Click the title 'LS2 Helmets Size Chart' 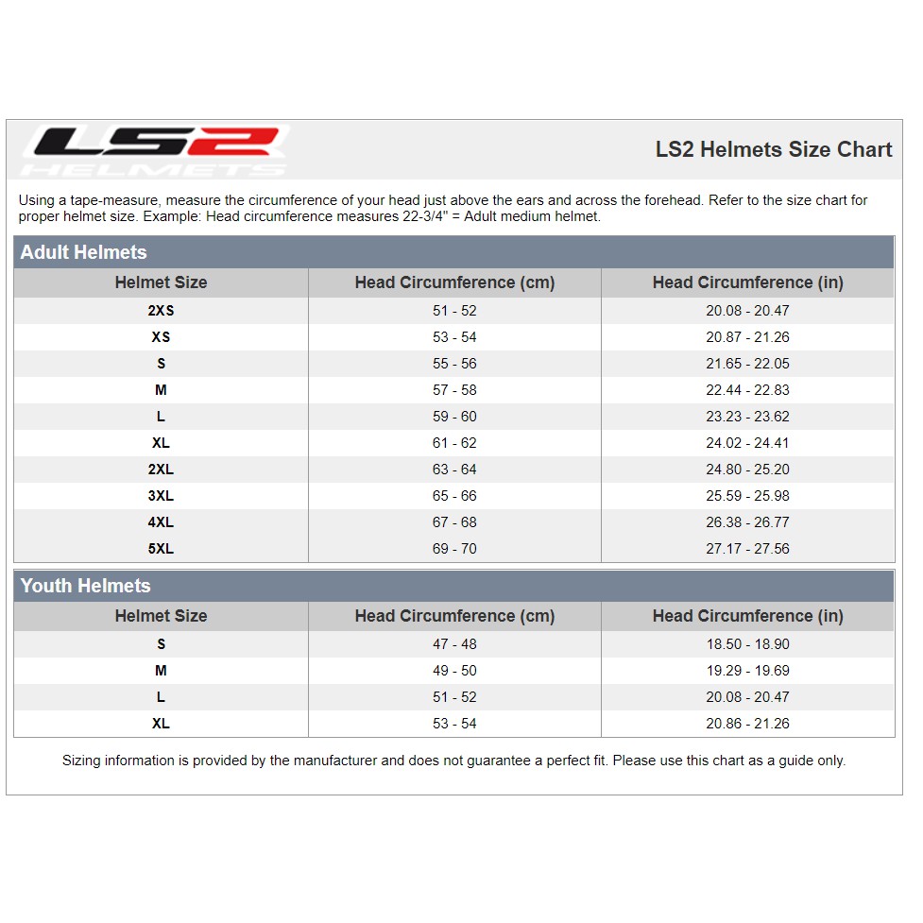(774, 149)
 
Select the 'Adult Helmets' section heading (83, 252)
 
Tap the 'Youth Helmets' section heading (85, 586)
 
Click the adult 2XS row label (161, 311)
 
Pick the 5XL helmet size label (161, 549)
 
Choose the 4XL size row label (161, 522)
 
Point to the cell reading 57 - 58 (454, 390)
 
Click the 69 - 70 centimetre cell (454, 549)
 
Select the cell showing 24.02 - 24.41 (747, 443)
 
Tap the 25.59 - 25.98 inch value (747, 496)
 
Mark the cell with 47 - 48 (454, 644)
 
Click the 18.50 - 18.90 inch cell (747, 644)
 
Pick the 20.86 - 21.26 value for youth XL (747, 724)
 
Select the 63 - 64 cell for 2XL (454, 470)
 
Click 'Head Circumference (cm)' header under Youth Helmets (454, 616)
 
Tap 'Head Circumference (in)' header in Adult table (747, 282)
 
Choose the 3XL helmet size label (161, 496)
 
